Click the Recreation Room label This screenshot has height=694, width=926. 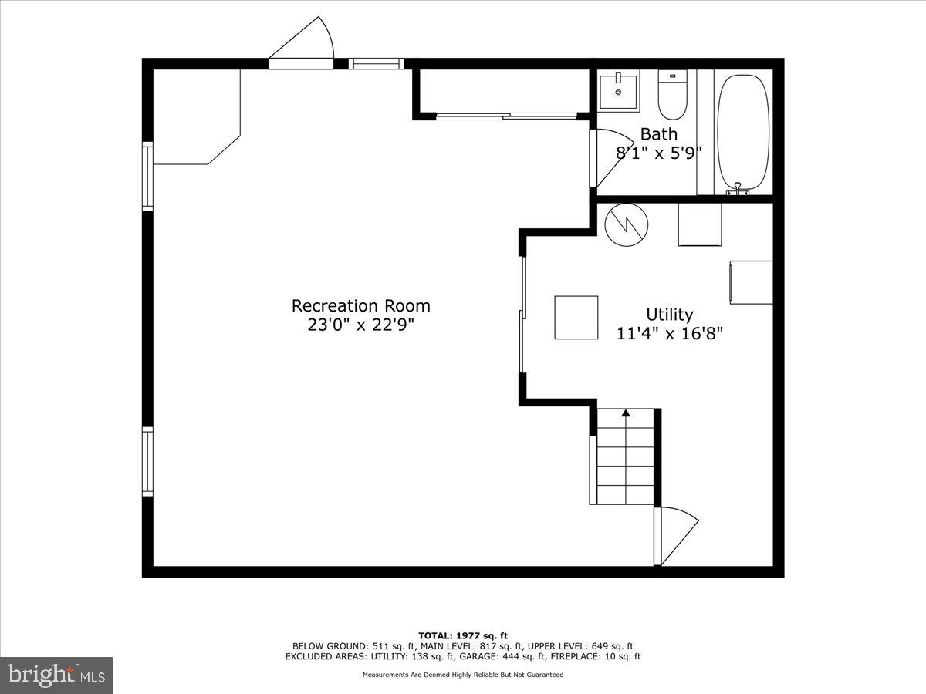pyautogui.click(x=360, y=305)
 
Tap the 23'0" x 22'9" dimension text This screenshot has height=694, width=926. pyautogui.click(x=360, y=325)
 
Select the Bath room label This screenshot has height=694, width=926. pyautogui.click(x=658, y=134)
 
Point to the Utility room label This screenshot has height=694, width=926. pyautogui.click(x=669, y=315)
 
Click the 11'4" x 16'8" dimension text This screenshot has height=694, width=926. pyautogui.click(x=669, y=334)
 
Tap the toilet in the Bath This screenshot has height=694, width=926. pyautogui.click(x=671, y=93)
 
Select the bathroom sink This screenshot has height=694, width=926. pyautogui.click(x=619, y=92)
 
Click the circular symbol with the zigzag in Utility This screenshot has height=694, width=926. pyautogui.click(x=626, y=224)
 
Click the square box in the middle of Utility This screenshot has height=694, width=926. pyautogui.click(x=576, y=317)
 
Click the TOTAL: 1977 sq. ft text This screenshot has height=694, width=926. pyautogui.click(x=463, y=635)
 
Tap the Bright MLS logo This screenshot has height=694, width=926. pyautogui.click(x=56, y=675)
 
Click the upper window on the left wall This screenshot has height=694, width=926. pyautogui.click(x=147, y=176)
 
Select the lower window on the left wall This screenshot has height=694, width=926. pyautogui.click(x=147, y=461)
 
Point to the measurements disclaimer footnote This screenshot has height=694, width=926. pyautogui.click(x=463, y=675)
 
